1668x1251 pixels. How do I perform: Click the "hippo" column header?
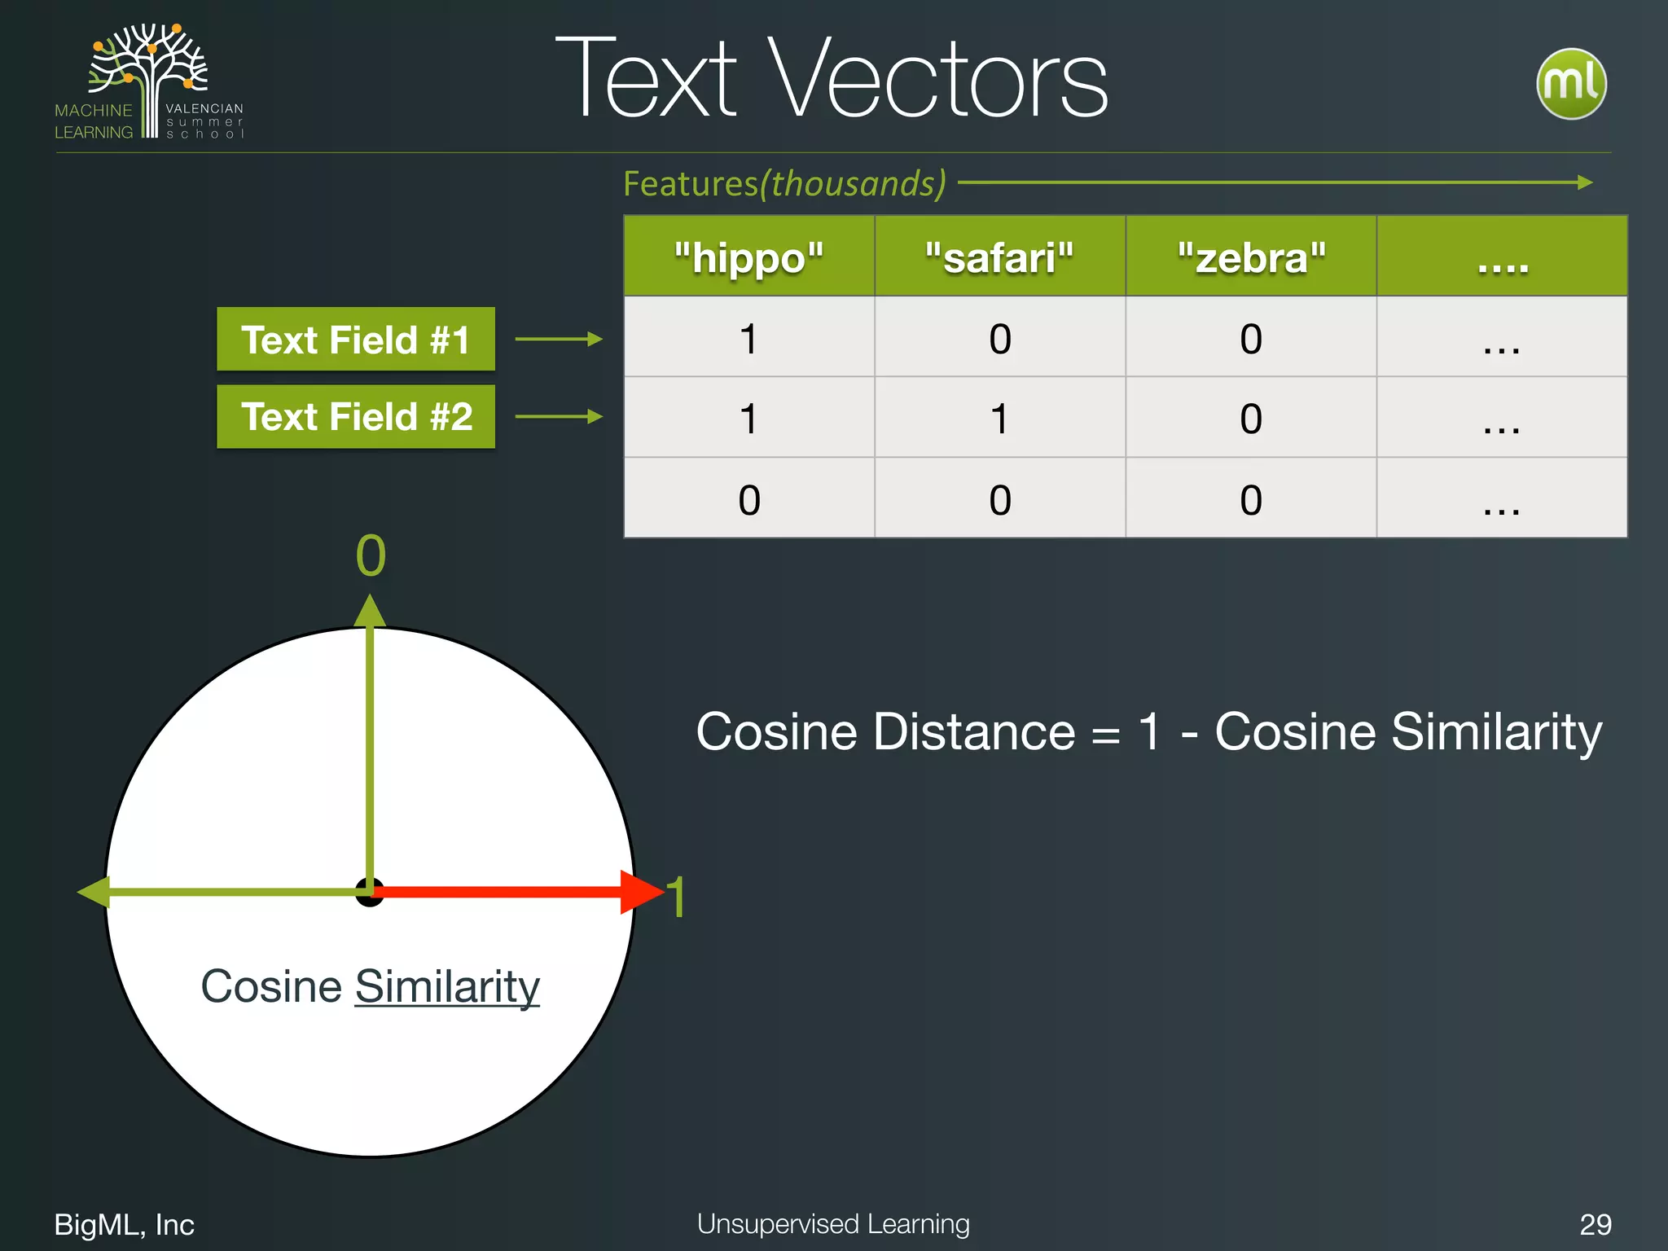[748, 257]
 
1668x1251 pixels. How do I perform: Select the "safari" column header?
[999, 257]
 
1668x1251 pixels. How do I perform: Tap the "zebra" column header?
[1251, 257]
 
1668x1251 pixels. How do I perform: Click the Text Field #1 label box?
[356, 339]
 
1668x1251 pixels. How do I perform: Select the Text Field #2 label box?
[356, 416]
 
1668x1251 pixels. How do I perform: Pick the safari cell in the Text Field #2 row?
[999, 419]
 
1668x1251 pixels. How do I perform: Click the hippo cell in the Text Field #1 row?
[748, 338]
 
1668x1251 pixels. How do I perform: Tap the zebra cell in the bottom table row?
[1251, 499]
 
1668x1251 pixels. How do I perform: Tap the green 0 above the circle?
[371, 556]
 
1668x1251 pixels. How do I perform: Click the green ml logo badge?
[1571, 83]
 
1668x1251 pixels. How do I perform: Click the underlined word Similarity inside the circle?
[447, 986]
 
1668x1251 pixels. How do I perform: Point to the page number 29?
[1595, 1224]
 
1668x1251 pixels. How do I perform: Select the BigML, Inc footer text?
[124, 1224]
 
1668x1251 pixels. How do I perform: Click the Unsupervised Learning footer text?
[833, 1223]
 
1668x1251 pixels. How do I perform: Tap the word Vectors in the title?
[937, 79]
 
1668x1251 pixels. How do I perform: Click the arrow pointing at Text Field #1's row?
[559, 339]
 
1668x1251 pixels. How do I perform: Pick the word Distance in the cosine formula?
[974, 731]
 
